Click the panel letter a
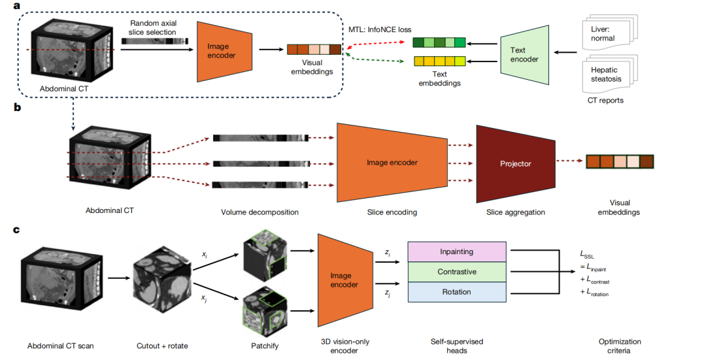click(8, 7)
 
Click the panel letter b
click(8, 108)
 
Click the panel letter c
click(8, 229)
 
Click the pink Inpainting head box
click(456, 252)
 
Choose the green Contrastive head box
click(456, 272)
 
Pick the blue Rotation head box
click(456, 292)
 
